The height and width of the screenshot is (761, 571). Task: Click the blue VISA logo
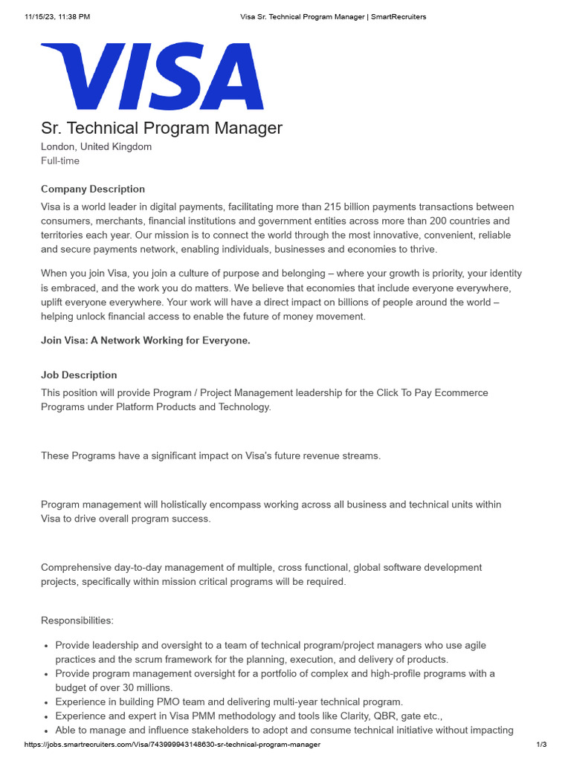point(152,76)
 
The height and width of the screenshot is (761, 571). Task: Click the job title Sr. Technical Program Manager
point(161,128)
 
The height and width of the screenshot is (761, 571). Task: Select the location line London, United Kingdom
point(96,146)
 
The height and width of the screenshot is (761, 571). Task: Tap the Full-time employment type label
point(60,161)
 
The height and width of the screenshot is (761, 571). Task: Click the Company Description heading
point(93,189)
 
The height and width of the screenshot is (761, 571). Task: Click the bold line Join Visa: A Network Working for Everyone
point(146,340)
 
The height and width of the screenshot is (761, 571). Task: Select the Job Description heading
point(79,375)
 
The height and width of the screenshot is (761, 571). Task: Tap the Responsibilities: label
point(77,620)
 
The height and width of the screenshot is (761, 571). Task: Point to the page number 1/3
point(541,745)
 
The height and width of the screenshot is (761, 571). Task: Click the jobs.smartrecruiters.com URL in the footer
point(172,745)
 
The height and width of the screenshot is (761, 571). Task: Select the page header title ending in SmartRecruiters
point(333,16)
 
